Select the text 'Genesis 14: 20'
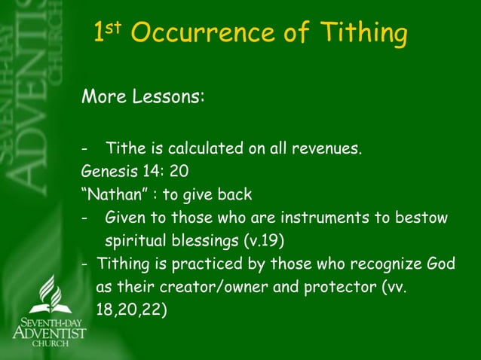pyautogui.click(x=130, y=171)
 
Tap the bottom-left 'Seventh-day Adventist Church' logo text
pyautogui.click(x=50, y=332)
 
